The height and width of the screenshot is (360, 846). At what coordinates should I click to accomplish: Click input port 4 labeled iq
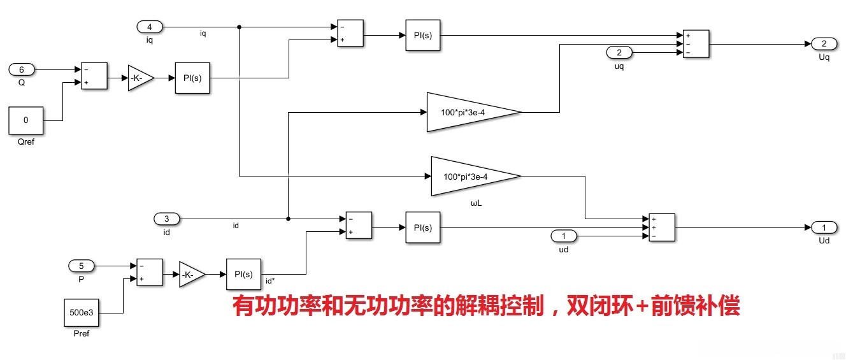pyautogui.click(x=150, y=27)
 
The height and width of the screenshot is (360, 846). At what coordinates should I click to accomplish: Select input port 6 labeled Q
pyautogui.click(x=21, y=69)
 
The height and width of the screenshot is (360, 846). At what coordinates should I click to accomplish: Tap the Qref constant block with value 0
pyautogui.click(x=25, y=120)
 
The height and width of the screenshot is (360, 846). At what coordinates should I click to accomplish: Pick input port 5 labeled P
pyautogui.click(x=81, y=265)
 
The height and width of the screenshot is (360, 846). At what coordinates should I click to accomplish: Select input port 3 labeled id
pyautogui.click(x=167, y=219)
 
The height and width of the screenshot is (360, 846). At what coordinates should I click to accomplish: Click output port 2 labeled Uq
pyautogui.click(x=824, y=43)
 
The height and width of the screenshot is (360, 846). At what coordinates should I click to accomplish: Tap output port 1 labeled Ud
pyautogui.click(x=824, y=227)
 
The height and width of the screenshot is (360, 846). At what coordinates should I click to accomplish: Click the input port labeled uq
pyautogui.click(x=619, y=52)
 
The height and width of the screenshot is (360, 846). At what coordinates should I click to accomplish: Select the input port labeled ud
pyautogui.click(x=563, y=236)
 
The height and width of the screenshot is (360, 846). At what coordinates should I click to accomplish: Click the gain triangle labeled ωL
pyautogui.click(x=475, y=176)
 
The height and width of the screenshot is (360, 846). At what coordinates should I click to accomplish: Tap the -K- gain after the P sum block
pyautogui.click(x=192, y=275)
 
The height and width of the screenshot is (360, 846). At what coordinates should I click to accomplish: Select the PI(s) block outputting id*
pyautogui.click(x=244, y=275)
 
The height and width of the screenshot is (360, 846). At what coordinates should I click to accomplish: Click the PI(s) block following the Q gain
pyautogui.click(x=192, y=78)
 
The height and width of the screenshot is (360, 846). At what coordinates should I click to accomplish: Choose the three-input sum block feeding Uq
pyautogui.click(x=696, y=44)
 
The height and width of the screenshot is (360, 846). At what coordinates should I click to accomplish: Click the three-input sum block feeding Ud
pyautogui.click(x=661, y=227)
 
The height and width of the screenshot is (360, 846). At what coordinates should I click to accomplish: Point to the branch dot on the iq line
pyautogui.click(x=239, y=27)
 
